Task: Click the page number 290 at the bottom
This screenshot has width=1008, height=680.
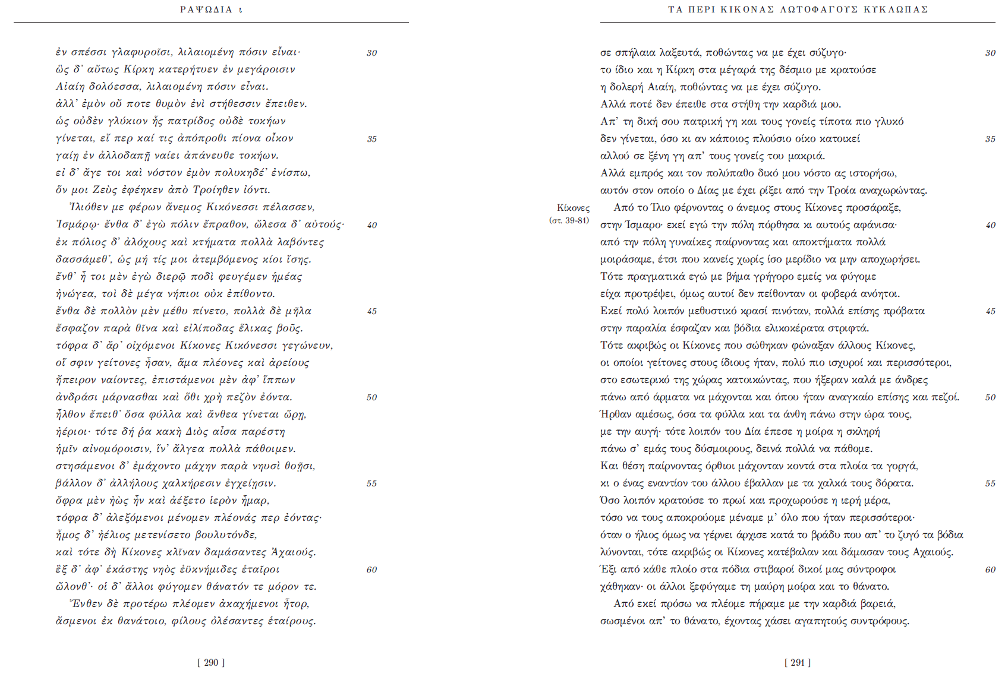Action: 211,663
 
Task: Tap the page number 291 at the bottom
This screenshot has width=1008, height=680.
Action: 798,663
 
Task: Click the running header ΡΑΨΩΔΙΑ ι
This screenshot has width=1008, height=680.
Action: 211,10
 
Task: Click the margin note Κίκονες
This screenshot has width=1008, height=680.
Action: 573,208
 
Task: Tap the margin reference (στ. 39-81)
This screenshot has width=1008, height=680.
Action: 569,220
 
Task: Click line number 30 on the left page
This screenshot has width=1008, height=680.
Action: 371,53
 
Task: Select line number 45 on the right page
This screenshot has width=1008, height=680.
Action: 990,311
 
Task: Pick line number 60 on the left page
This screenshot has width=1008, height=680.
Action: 371,570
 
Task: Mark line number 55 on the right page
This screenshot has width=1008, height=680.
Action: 990,483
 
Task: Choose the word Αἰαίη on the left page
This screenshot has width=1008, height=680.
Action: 70,87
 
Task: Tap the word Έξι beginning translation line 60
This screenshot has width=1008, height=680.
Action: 608,570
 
